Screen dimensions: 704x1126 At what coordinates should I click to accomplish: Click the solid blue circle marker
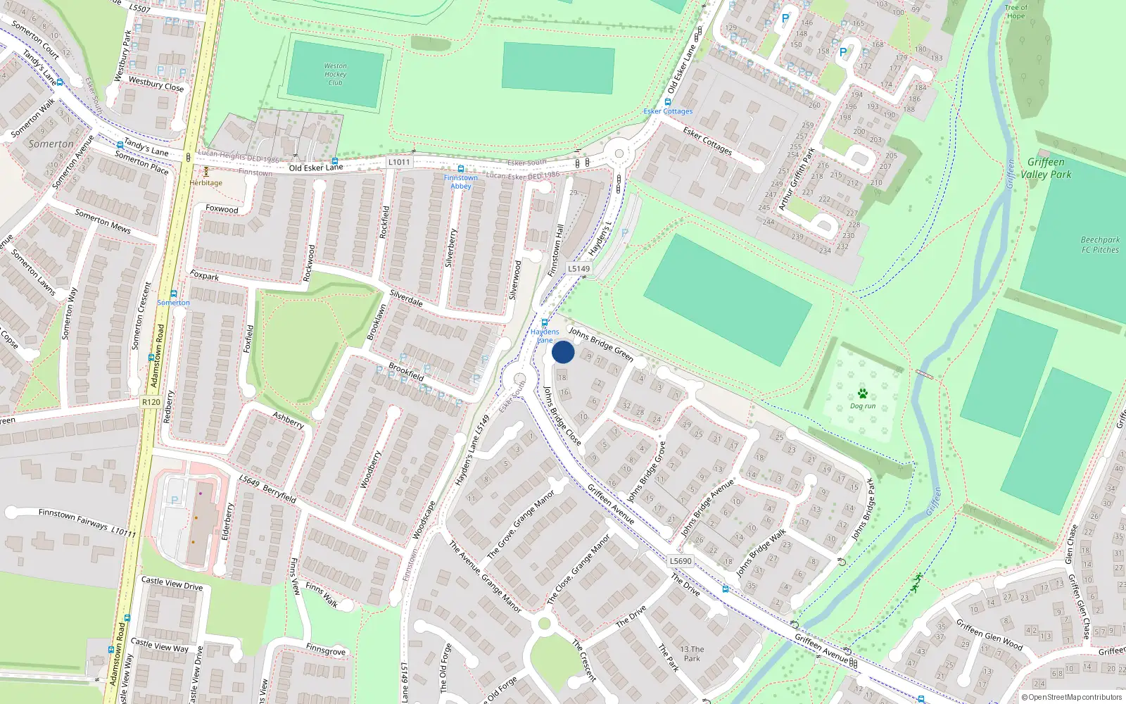(563, 352)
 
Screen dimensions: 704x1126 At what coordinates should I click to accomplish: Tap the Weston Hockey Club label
(335, 74)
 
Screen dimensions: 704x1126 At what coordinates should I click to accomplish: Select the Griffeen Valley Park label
(1046, 168)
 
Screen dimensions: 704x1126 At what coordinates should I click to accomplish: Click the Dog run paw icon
(862, 394)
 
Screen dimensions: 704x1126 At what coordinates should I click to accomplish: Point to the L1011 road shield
(398, 162)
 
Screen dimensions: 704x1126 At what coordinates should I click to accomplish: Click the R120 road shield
(151, 402)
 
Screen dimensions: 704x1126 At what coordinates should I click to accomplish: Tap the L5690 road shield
(681, 561)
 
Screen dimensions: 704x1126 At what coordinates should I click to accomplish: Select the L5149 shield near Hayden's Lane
(578, 268)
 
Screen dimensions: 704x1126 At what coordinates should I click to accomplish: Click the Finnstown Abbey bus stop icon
(461, 169)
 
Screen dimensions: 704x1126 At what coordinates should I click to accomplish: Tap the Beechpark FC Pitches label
(1100, 244)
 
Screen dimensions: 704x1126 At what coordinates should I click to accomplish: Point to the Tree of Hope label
(1016, 12)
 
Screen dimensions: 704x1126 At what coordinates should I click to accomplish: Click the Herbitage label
(205, 183)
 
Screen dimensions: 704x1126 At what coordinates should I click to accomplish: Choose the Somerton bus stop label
(173, 303)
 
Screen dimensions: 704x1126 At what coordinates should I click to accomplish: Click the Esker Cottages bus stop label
(668, 111)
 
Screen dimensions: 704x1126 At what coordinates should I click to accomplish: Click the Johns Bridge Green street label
(601, 343)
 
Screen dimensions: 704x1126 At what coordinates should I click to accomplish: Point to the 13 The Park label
(692, 654)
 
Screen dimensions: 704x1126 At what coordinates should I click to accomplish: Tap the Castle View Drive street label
(172, 584)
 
